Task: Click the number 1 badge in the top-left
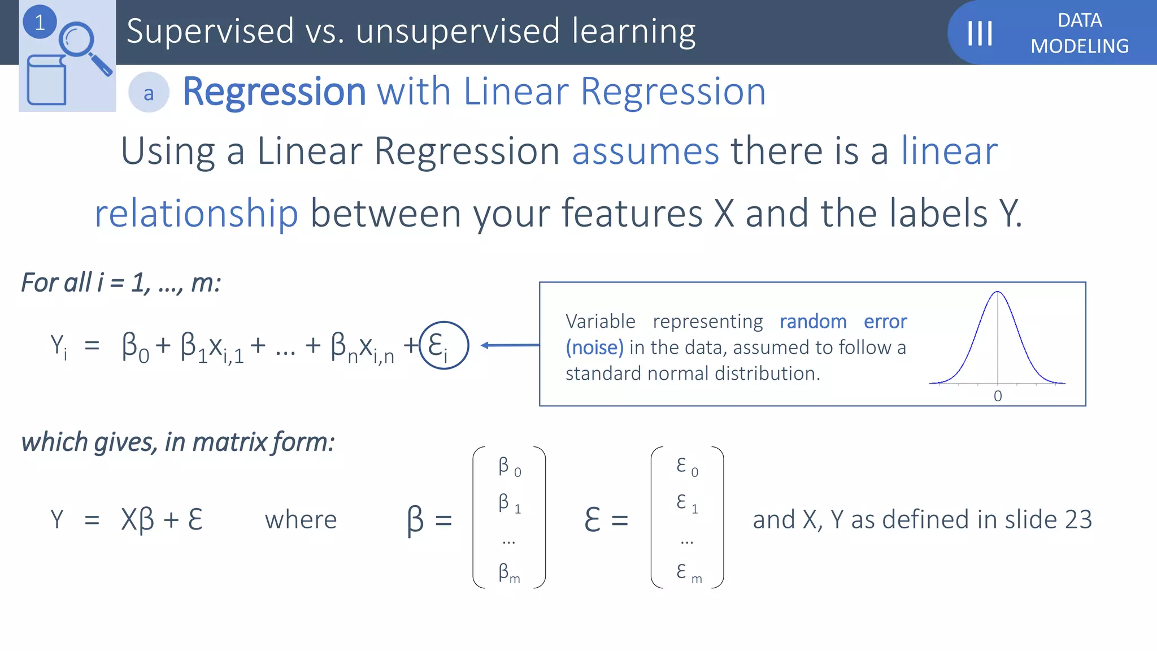tap(40, 23)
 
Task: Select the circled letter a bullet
tap(149, 93)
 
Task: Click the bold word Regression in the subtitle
tap(275, 92)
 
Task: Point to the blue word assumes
tap(645, 151)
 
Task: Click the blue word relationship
tap(196, 214)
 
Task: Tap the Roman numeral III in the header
tap(980, 33)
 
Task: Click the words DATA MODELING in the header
tap(1079, 33)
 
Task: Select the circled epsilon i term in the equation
tap(443, 345)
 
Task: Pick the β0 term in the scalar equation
tap(135, 347)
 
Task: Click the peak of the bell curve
tap(998, 293)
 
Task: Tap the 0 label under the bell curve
tap(998, 396)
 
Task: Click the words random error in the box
tap(842, 322)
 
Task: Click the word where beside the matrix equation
tap(301, 519)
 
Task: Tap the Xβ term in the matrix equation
tap(137, 519)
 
